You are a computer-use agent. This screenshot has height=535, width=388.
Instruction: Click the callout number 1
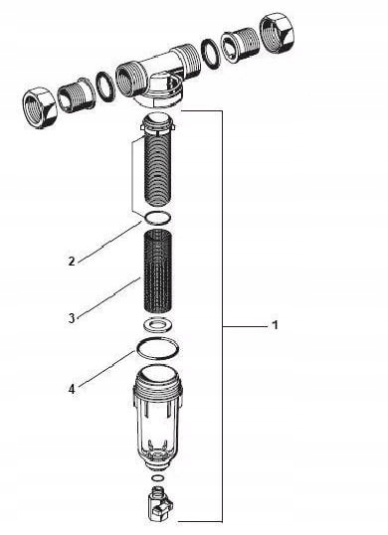pos(274,326)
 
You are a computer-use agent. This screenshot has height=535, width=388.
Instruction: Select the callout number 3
pos(72,318)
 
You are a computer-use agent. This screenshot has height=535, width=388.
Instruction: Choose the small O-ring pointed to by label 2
pos(154,219)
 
